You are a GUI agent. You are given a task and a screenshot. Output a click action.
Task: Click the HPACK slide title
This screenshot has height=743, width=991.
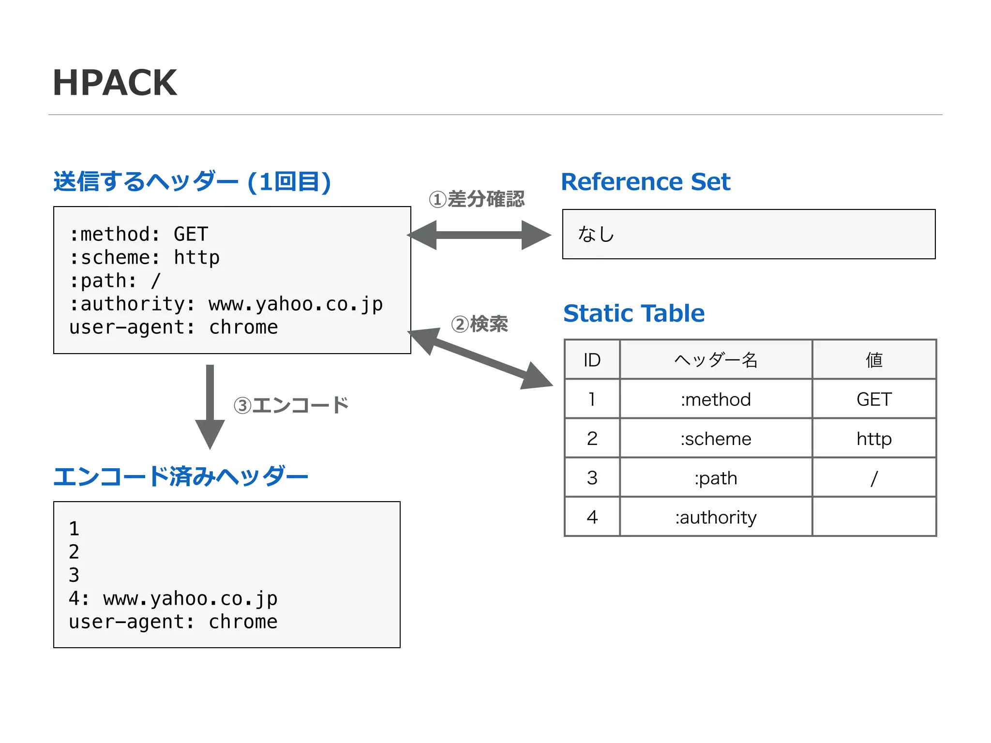click(115, 83)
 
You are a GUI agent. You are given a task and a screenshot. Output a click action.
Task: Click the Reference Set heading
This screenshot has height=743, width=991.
click(645, 182)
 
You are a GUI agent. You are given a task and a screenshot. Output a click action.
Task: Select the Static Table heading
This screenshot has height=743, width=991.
click(633, 313)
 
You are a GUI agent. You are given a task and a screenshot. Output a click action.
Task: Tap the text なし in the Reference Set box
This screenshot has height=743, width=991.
click(596, 234)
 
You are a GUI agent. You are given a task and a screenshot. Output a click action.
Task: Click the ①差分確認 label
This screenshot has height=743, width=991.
click(477, 199)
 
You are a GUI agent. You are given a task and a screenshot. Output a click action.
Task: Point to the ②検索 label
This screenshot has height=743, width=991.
click(479, 324)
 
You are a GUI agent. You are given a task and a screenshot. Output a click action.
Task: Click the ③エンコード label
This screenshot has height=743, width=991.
click(291, 405)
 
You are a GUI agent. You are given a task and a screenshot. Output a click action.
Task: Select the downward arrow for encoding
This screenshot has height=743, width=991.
click(210, 406)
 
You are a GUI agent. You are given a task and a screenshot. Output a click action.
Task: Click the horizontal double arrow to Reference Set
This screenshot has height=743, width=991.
click(479, 235)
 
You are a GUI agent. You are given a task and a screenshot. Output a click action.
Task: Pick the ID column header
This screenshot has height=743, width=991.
click(592, 360)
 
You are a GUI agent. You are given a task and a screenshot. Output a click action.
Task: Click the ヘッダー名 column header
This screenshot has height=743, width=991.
click(716, 360)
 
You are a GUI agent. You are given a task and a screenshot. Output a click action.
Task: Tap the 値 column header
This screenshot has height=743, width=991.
click(874, 360)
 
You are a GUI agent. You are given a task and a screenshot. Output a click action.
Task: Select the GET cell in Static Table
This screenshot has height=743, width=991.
click(874, 400)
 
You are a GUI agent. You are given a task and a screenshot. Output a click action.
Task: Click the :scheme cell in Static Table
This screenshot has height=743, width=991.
click(716, 439)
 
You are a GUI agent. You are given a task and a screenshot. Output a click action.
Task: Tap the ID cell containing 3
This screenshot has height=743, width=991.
click(592, 478)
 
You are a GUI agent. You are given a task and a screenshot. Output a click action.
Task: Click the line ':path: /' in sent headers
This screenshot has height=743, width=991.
click(115, 281)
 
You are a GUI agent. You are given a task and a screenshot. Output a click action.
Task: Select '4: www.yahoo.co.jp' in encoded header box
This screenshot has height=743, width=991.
click(173, 599)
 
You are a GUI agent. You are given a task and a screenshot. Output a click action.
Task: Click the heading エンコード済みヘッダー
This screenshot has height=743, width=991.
click(180, 476)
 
